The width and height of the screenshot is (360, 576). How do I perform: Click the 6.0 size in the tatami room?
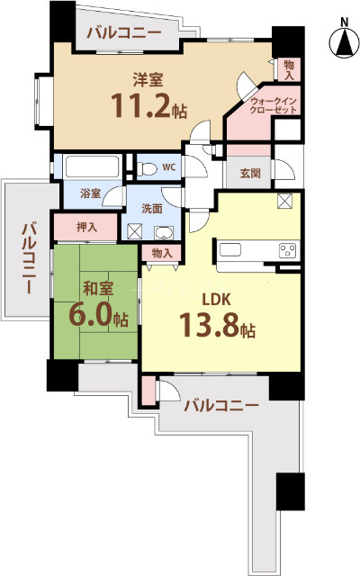(x=92, y=315)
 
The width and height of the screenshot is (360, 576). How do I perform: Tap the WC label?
(x=169, y=167)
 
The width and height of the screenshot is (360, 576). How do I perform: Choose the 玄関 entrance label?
(x=250, y=174)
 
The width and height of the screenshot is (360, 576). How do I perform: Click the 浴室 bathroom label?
(x=89, y=193)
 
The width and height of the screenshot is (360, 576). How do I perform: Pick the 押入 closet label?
(x=86, y=227)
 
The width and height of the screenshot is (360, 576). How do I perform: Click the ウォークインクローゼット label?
(x=274, y=105)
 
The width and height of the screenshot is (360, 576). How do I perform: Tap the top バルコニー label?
(x=124, y=34)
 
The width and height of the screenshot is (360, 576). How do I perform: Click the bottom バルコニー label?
(x=220, y=405)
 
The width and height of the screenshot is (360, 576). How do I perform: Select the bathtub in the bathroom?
(x=94, y=167)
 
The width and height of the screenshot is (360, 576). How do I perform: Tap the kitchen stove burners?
(x=288, y=249)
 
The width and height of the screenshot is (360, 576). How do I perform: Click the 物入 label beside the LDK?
(x=162, y=254)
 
